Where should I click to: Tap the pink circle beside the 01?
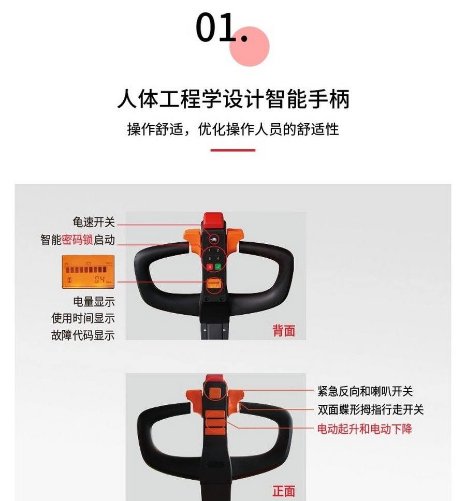[250, 47]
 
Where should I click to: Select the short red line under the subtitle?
[233, 150]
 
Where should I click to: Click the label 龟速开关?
[94, 223]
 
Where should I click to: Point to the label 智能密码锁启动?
[78, 240]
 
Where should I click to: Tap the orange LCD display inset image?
[88, 272]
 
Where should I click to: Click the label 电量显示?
[94, 301]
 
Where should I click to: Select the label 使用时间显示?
[83, 318]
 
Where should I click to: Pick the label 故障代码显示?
[83, 335]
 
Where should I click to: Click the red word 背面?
[284, 331]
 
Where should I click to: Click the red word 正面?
[284, 490]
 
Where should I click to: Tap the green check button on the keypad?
[218, 267]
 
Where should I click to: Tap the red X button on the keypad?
[209, 267]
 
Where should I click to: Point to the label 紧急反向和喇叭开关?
[365, 392]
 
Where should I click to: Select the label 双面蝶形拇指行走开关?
[371, 410]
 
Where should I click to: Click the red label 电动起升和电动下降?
[365, 429]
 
